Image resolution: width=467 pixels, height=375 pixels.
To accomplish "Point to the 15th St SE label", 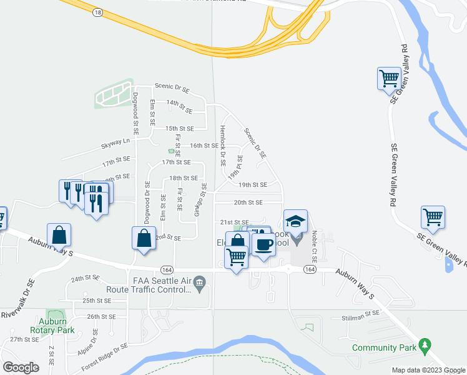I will point(180,128).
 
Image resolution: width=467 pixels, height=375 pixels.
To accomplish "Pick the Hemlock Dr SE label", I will point(222,144).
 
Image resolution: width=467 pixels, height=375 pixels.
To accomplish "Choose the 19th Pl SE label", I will point(235,167).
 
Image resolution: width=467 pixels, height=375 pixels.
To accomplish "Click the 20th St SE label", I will point(248,202).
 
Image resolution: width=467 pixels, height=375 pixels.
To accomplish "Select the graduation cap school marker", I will point(295,221).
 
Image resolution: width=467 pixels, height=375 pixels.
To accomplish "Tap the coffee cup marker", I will point(263,244).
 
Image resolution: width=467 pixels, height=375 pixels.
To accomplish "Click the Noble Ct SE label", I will point(315,246).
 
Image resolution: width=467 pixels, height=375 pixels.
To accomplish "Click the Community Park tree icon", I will point(425,344).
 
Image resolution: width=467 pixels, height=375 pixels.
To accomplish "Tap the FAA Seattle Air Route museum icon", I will point(200,284).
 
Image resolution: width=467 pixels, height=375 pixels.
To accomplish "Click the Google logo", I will point(21,367).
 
